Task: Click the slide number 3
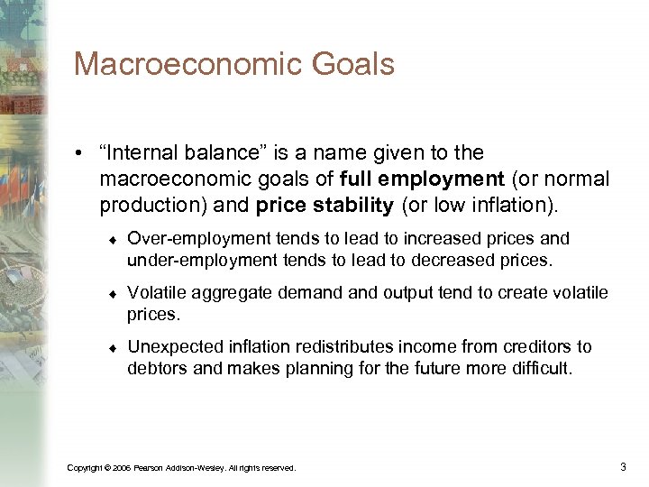coord(623,466)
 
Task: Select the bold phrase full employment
coord(422,179)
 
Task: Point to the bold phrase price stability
coord(324,206)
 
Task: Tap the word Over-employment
coord(186,239)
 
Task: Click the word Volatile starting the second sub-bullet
coord(157,293)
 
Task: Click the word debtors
coord(157,369)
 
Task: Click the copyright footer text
coord(181,467)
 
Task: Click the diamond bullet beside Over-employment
coord(108,240)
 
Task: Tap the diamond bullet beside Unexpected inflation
coord(108,348)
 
